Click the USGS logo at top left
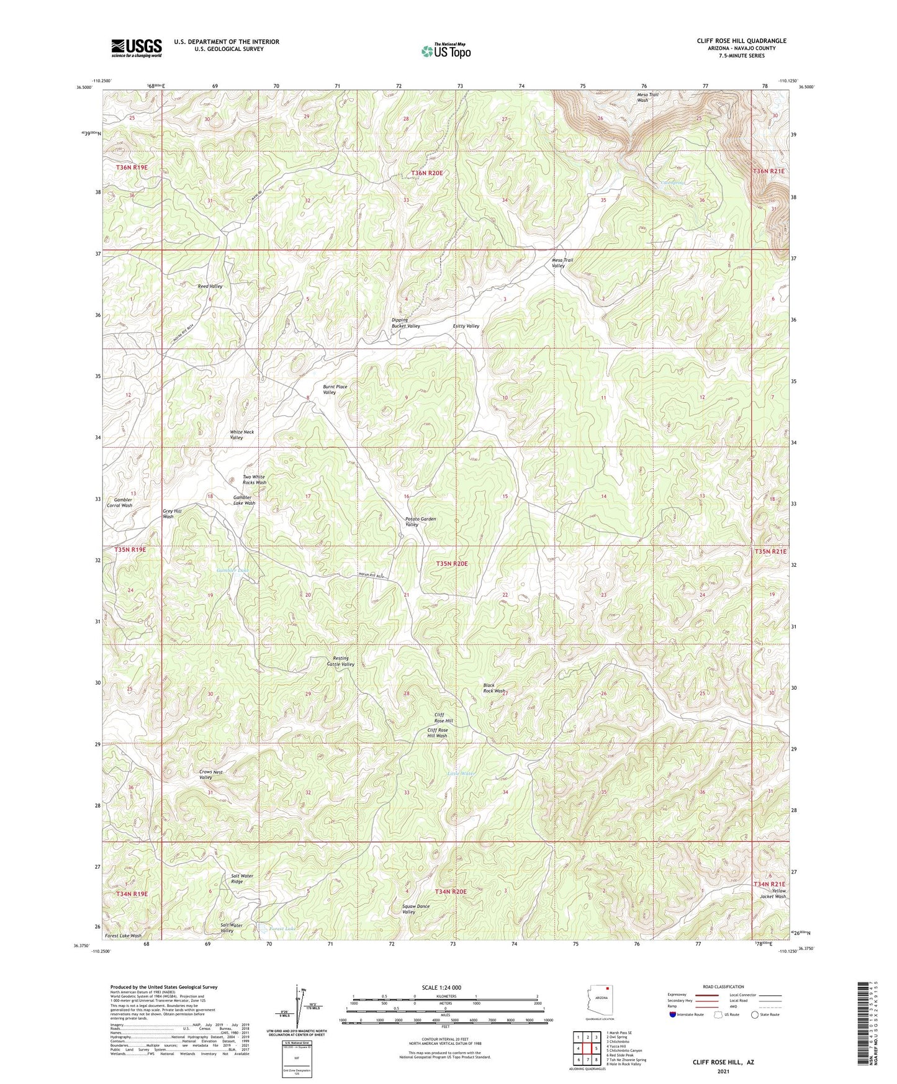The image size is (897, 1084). (136, 47)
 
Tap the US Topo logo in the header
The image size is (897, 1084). (445, 51)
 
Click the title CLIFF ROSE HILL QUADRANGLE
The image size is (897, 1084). (741, 41)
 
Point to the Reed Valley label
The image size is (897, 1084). (210, 286)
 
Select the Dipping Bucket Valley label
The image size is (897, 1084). (405, 323)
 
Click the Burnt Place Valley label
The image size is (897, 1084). (335, 389)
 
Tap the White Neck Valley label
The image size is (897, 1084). (241, 435)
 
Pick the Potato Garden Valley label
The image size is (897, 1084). (420, 522)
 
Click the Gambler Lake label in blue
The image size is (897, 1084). (232, 570)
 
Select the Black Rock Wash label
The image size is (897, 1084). (494, 688)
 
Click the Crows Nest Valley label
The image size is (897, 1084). (210, 774)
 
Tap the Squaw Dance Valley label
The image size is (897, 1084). (415, 909)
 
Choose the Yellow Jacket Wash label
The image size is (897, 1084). (773, 893)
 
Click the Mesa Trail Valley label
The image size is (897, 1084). (562, 263)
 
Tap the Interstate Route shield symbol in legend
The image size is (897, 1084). (673, 1014)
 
